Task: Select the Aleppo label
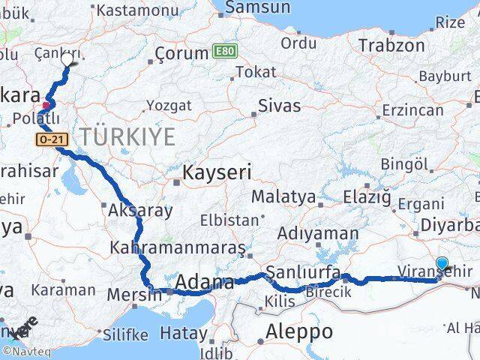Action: pyautogui.click(x=299, y=331)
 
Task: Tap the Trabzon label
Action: pyautogui.click(x=386, y=45)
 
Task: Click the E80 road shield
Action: pyautogui.click(x=223, y=52)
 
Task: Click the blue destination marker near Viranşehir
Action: pyautogui.click(x=442, y=263)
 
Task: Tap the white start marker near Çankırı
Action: pyautogui.click(x=69, y=59)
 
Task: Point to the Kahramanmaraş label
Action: pyautogui.click(x=177, y=247)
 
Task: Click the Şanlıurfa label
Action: pyautogui.click(x=303, y=271)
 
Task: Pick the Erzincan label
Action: pyautogui.click(x=412, y=110)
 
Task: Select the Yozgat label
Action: pyautogui.click(x=163, y=105)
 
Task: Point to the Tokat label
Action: pyautogui.click(x=256, y=72)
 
